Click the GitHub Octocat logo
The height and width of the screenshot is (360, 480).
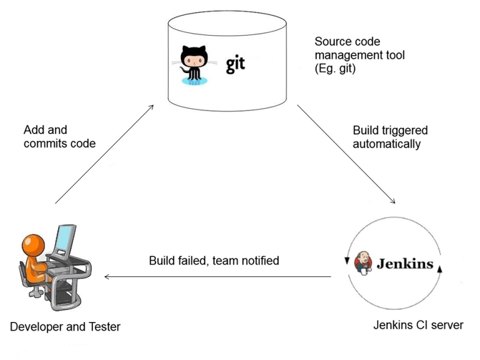[x=193, y=64]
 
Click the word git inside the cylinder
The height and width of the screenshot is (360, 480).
[x=235, y=64]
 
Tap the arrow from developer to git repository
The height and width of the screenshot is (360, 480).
[x=104, y=153]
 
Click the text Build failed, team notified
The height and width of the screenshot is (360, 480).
[x=214, y=261]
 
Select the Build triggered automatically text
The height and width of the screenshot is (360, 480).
[x=390, y=137]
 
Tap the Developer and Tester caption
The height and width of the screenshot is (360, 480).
[x=65, y=327]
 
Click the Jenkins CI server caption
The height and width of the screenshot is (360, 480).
[x=418, y=325]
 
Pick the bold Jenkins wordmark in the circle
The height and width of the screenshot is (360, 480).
[x=406, y=263]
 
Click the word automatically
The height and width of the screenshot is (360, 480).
[x=387, y=143]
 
